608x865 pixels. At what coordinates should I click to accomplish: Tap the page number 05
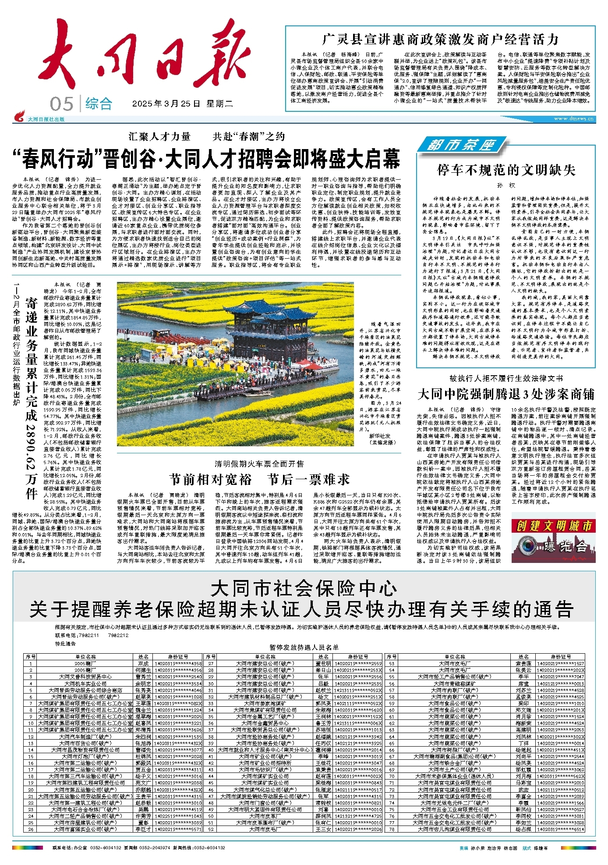[x=61, y=104]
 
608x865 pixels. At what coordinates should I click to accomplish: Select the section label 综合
[x=99, y=104]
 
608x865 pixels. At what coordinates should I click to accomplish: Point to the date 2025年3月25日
[x=166, y=104]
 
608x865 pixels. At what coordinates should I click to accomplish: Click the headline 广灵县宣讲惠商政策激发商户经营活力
[x=440, y=39]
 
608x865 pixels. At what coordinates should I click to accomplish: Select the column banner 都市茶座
[x=460, y=145]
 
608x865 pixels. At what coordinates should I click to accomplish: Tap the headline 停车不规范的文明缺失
[x=506, y=170]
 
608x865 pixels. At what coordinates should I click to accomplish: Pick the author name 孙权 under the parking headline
[x=506, y=185]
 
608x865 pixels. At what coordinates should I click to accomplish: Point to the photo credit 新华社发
[x=380, y=436]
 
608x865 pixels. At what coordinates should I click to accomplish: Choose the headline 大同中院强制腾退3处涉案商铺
[x=506, y=394]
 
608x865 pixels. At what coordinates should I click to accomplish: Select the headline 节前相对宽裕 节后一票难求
[x=259, y=479]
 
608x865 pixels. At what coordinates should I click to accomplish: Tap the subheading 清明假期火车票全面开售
[x=259, y=464]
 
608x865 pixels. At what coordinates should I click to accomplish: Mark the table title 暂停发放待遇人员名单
[x=304, y=647]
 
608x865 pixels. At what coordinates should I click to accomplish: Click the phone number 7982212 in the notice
[x=118, y=635]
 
